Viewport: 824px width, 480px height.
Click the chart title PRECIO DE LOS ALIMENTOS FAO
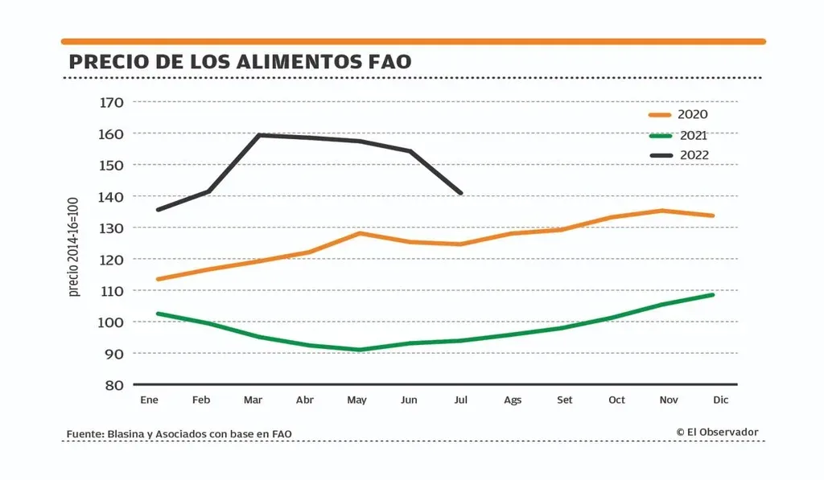(240, 62)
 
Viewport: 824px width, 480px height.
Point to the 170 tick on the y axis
(111, 102)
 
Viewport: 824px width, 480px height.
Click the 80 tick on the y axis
(114, 385)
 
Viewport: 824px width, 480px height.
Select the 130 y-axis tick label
(111, 228)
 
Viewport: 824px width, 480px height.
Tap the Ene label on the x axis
(149, 400)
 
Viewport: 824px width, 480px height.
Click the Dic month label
(720, 400)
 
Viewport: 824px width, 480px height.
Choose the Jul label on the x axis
(460, 400)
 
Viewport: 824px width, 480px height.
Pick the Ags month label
(513, 400)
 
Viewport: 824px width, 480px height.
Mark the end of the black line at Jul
(461, 193)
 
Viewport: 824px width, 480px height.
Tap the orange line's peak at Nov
(661, 211)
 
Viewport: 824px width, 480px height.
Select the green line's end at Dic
(713, 294)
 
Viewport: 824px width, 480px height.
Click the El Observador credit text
(718, 433)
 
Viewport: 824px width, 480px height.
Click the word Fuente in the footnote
(84, 434)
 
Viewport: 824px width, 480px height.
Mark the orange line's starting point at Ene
(159, 279)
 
